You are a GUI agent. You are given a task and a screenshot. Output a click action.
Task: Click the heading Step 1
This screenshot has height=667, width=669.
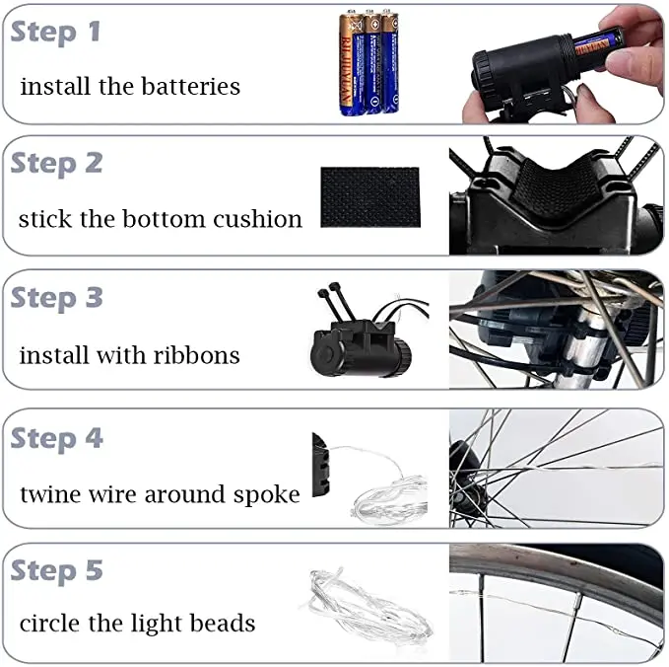pyautogui.click(x=55, y=33)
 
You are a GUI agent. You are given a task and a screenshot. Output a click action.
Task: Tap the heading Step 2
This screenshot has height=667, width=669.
pyautogui.click(x=56, y=164)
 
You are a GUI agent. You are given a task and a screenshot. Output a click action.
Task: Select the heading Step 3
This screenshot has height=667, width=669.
pyautogui.click(x=56, y=298)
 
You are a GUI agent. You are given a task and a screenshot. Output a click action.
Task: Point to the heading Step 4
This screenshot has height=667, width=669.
pyautogui.click(x=56, y=439)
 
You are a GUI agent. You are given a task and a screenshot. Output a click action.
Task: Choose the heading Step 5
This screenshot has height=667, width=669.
pyautogui.click(x=56, y=571)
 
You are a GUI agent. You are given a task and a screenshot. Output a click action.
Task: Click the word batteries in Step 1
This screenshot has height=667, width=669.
pyautogui.click(x=190, y=86)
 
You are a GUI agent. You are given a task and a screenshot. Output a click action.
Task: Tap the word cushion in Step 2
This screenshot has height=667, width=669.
pyautogui.click(x=257, y=219)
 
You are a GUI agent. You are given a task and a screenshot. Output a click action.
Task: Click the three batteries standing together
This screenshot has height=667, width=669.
pyautogui.click(x=369, y=62)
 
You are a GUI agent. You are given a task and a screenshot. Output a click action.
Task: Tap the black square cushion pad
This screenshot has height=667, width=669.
pyautogui.click(x=370, y=197)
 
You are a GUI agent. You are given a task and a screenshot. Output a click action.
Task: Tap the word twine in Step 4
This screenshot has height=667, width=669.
pyautogui.click(x=50, y=494)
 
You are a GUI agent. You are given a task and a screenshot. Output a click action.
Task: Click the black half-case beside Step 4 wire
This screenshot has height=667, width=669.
pyautogui.click(x=321, y=466)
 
